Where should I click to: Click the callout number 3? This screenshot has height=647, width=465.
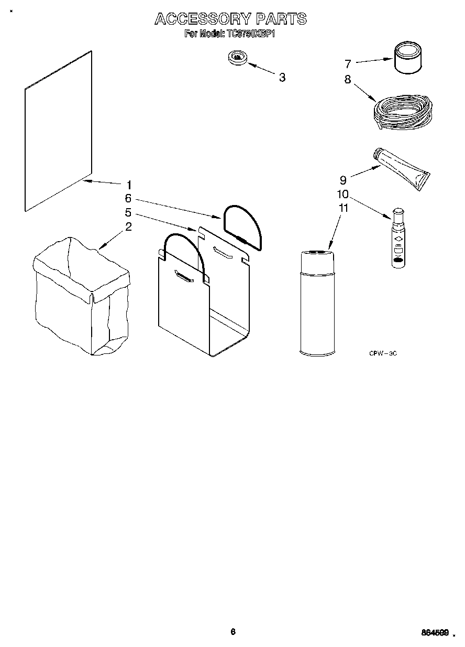point(282,78)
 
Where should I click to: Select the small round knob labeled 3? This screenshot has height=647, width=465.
point(238,58)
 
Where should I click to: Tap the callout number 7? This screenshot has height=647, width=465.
point(348,64)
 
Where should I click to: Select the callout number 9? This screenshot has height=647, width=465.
point(343,180)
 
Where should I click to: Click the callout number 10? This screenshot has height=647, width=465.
point(342,194)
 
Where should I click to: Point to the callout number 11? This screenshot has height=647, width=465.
point(343,208)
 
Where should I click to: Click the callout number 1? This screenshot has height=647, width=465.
point(129,185)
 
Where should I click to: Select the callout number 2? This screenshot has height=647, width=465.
point(128,227)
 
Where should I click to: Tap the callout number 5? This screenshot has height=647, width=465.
point(128,213)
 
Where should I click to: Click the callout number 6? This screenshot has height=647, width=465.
point(128,199)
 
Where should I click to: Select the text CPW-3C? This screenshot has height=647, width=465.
point(383,354)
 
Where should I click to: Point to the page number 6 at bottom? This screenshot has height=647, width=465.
point(233,632)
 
